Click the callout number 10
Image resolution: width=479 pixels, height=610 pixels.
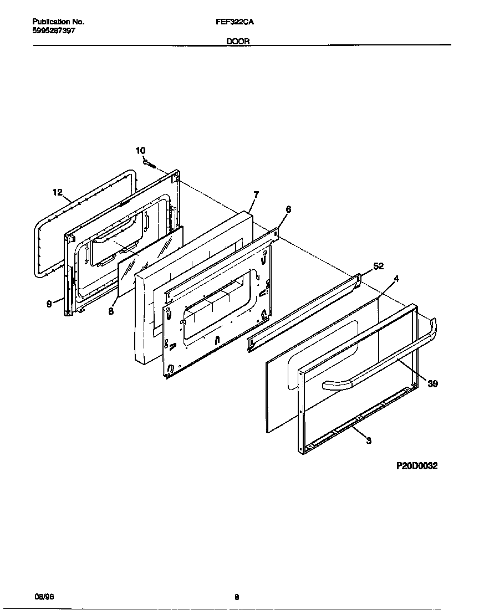coord(140,151)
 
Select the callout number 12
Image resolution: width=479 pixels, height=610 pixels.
coord(58,193)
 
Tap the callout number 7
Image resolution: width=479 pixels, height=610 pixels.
coord(256,194)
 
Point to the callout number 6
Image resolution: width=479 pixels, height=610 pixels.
coord(288,209)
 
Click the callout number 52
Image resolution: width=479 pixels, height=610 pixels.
coord(378,266)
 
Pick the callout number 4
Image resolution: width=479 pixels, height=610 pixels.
coord(396,279)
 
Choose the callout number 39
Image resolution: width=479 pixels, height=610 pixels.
coord(432,383)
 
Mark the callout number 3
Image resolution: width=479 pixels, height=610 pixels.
coord(369,441)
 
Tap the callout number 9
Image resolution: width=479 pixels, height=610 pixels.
coord(49,304)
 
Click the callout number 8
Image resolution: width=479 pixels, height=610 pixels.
coord(111,311)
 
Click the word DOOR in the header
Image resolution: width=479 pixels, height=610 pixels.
coord(238,42)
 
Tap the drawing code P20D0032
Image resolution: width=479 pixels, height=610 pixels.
coord(416,466)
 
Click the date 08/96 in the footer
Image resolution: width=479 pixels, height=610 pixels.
coord(44,597)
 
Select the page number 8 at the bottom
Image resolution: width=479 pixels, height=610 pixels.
coord(237,597)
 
